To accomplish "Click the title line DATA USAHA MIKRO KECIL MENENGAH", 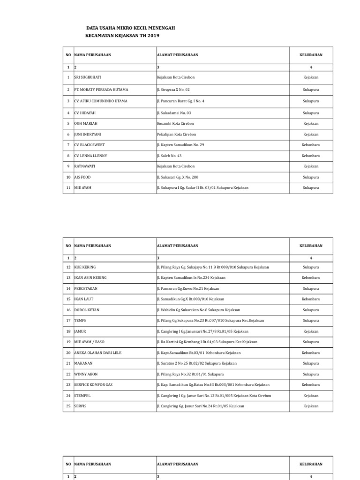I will pyautogui.click(x=131, y=28).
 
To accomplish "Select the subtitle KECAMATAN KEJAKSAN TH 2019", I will pyautogui.click(x=122, y=36).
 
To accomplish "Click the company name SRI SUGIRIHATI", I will pyautogui.click(x=88, y=77).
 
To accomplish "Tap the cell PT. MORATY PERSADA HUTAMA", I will pyautogui.click(x=101, y=89).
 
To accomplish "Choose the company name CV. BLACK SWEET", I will pyautogui.click(x=90, y=145).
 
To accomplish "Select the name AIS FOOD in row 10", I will pyautogui.click(x=82, y=178).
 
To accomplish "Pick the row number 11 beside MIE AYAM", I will pyautogui.click(x=68, y=187).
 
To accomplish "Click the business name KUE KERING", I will pyautogui.click(x=85, y=267).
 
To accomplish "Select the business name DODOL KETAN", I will pyautogui.click(x=87, y=310).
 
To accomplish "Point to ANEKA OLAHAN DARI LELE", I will pyautogui.click(x=97, y=352).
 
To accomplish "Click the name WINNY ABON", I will pyautogui.click(x=86, y=374).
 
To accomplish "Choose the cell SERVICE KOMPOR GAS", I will pyautogui.click(x=93, y=384).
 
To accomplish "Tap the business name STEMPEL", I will pyautogui.click(x=82, y=396).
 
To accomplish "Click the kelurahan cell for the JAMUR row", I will pyautogui.click(x=311, y=331).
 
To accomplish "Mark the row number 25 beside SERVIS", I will pyautogui.click(x=68, y=406).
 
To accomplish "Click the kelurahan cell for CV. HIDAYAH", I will pyautogui.click(x=311, y=113).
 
